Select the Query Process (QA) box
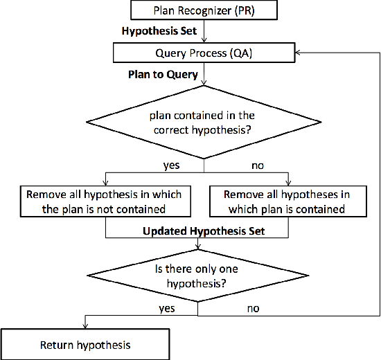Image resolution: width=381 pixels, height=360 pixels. [x=202, y=53]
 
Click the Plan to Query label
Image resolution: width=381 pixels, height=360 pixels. [x=162, y=74]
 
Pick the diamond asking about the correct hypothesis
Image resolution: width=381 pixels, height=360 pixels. [x=202, y=124]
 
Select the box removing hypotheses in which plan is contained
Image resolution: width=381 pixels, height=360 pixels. [x=287, y=201]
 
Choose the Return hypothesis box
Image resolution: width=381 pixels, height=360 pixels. [x=85, y=345]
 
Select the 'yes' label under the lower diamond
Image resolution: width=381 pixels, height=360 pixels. [x=166, y=308]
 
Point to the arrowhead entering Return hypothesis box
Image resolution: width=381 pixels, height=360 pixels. [x=85, y=326]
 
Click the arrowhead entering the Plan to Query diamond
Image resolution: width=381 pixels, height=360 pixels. [x=202, y=84]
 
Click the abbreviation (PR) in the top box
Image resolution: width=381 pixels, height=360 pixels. [x=243, y=11]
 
